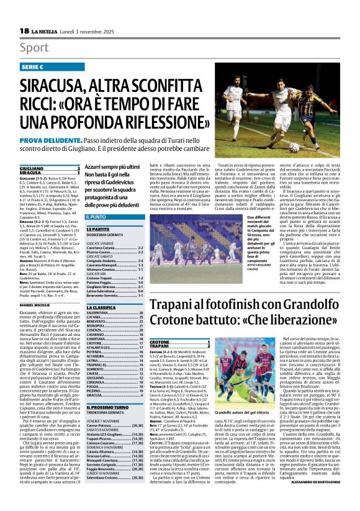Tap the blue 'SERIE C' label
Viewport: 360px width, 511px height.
pos(35,66)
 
